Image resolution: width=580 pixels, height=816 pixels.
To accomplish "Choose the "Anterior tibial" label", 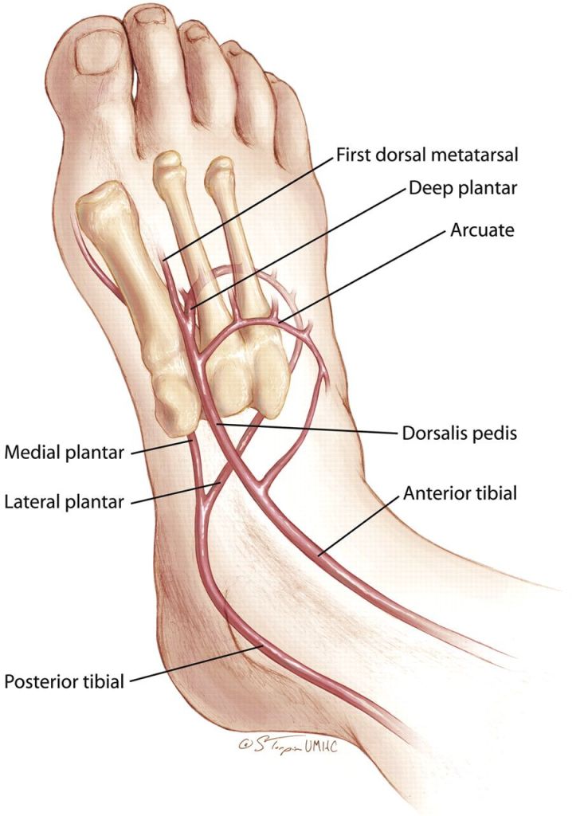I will [460, 493].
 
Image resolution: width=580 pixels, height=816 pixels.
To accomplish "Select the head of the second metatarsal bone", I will [167, 164].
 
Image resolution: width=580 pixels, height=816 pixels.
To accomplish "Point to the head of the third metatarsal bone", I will [219, 170].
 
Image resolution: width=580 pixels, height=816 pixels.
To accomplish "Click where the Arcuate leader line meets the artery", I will [281, 322].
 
